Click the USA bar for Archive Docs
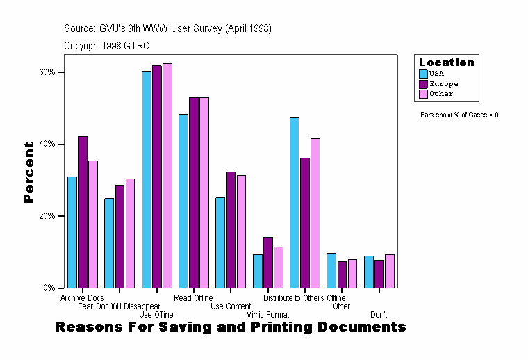pos(72,232)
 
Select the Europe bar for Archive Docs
pos(83,212)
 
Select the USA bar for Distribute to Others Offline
pos(295,202)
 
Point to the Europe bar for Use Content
pos(231,229)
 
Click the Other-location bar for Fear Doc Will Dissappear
pos(130,233)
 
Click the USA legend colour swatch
pos(423,73)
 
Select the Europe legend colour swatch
pos(423,83)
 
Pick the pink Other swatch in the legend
pos(423,94)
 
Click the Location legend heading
pos(446,63)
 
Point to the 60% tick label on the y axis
pos(47,72)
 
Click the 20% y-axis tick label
pos(47,216)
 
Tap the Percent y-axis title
pos(28,172)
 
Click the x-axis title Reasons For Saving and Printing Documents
pos(230,327)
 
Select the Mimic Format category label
pos(267,315)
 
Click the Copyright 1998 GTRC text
pos(106,46)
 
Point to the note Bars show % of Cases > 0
pos(459,115)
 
